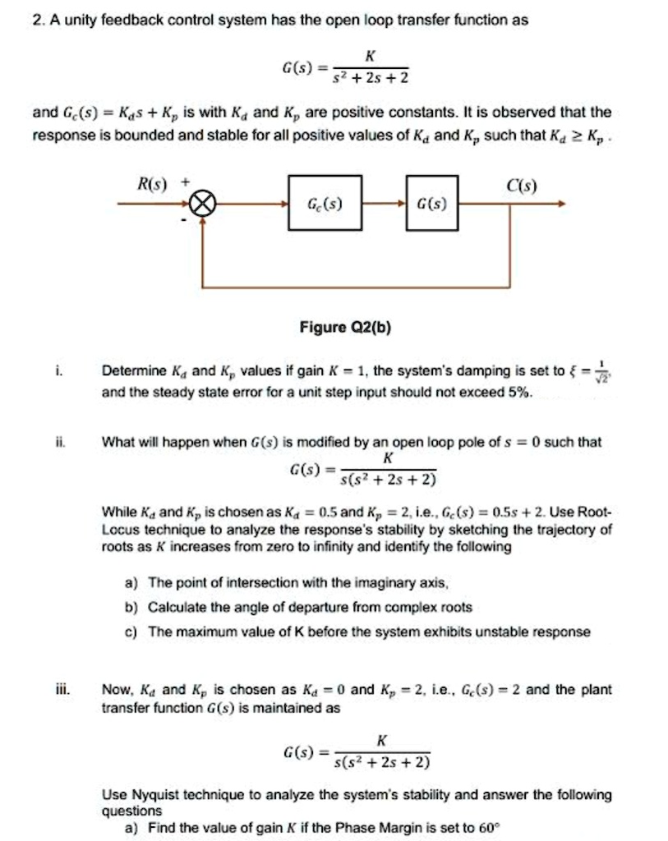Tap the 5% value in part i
520,393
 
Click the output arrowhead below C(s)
561,204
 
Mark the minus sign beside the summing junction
185,220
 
